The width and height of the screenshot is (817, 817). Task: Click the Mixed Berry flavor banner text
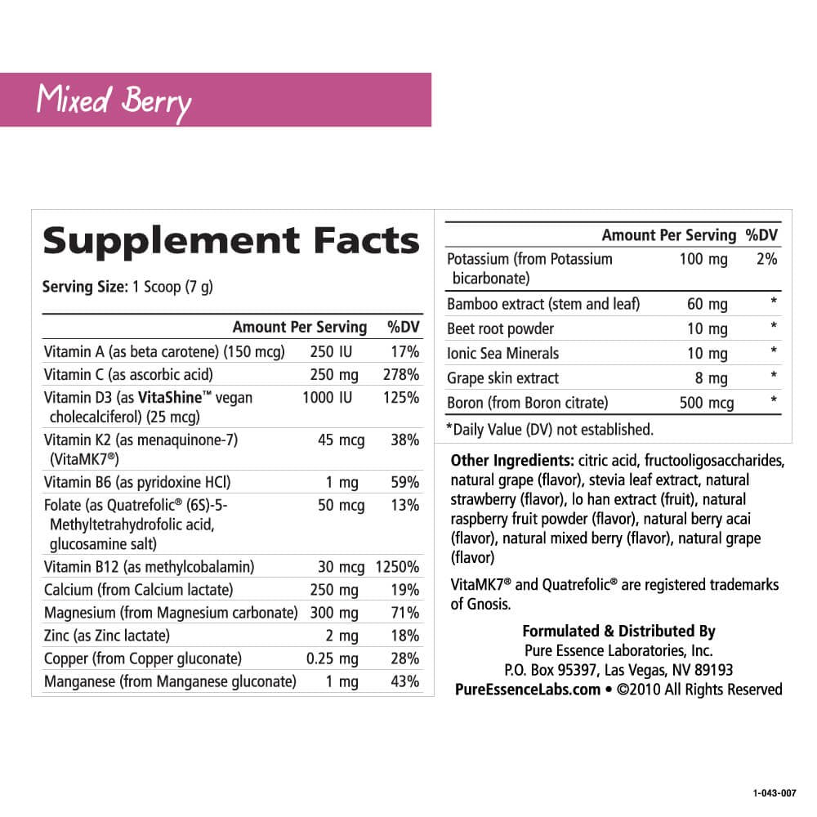click(114, 100)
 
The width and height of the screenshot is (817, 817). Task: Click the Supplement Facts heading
click(231, 240)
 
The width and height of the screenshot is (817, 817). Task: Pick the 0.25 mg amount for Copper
click(332, 659)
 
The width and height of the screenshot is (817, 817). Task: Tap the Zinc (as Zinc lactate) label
click(107, 636)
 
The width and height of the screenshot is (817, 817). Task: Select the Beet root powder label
click(500, 328)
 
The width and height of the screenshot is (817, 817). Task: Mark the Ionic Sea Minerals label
click(502, 353)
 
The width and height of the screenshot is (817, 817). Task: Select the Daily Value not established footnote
click(549, 429)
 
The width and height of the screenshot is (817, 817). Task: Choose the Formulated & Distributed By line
click(618, 631)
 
